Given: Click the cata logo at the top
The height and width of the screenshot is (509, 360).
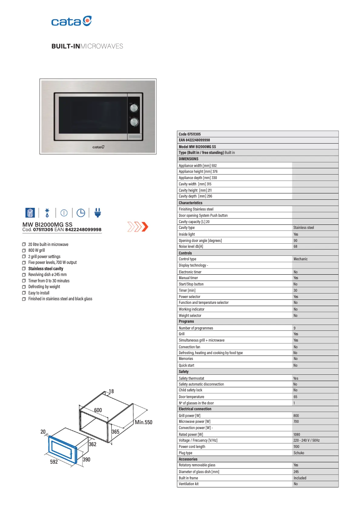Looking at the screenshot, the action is [x=72, y=21].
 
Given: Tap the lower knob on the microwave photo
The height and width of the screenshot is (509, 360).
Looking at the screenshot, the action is [x=134, y=122].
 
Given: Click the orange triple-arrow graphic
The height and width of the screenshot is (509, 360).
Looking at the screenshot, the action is [x=138, y=227].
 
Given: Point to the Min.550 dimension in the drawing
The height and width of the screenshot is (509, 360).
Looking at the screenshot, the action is [x=144, y=422].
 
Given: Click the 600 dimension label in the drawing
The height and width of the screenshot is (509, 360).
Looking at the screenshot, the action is [x=98, y=410].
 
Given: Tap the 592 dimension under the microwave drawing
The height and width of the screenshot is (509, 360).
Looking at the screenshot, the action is [x=54, y=462].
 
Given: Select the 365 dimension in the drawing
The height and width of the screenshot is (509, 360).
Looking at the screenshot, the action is [x=115, y=431].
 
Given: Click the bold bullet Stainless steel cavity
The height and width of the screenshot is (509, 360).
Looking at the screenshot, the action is [x=45, y=268].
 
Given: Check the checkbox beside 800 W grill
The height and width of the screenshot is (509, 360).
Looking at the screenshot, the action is [x=24, y=250].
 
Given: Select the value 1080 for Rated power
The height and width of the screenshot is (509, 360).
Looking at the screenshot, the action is [x=297, y=434].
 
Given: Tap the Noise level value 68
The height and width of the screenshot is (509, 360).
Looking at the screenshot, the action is [x=295, y=246].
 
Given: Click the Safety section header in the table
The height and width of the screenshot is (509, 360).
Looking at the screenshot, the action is [x=184, y=372].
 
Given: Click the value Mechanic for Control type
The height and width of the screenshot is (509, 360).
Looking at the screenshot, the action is [x=300, y=259].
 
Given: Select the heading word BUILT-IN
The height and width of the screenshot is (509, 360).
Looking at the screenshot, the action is [x=65, y=46].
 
